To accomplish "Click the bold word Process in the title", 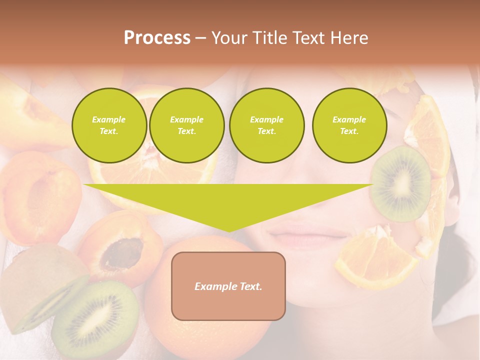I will [157, 38].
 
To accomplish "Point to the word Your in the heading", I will [227, 38].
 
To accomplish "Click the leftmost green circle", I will [109, 125].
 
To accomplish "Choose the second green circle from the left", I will [186, 125].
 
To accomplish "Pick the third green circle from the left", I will [266, 125].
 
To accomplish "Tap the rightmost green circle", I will [349, 125].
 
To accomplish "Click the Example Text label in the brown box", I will [228, 286].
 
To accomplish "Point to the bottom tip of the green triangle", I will [228, 231].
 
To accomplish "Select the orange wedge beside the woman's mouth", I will [370, 257].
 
